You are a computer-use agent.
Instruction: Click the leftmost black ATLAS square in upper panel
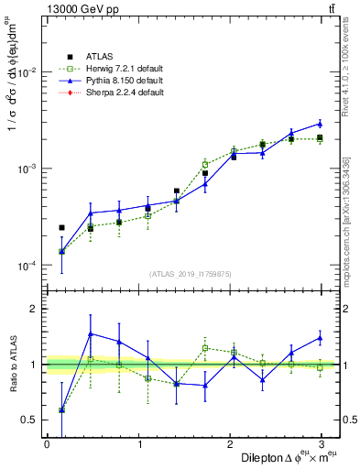click(61, 227)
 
